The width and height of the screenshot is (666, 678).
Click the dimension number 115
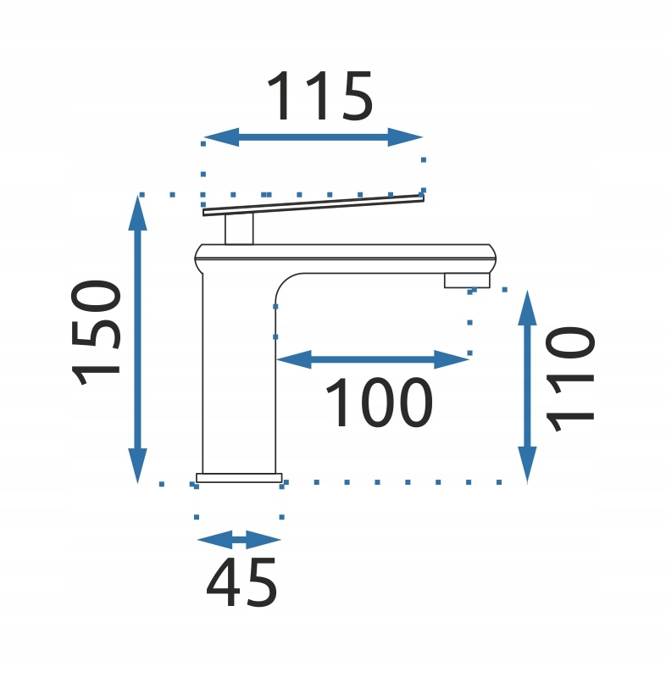pyautogui.click(x=319, y=96)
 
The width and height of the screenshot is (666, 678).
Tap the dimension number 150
pyautogui.click(x=96, y=332)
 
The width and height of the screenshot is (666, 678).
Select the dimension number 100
pyautogui.click(x=379, y=403)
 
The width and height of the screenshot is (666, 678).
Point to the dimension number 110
pyautogui.click(x=570, y=379)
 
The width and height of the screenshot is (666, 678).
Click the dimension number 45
pyautogui.click(x=241, y=582)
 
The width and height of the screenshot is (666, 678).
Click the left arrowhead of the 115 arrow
pyautogui.click(x=221, y=137)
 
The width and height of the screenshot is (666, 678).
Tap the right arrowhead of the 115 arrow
pyautogui.click(x=405, y=137)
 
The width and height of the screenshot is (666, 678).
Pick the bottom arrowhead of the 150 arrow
pyautogui.click(x=138, y=465)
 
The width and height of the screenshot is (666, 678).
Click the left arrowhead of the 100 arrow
pyautogui.click(x=294, y=359)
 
